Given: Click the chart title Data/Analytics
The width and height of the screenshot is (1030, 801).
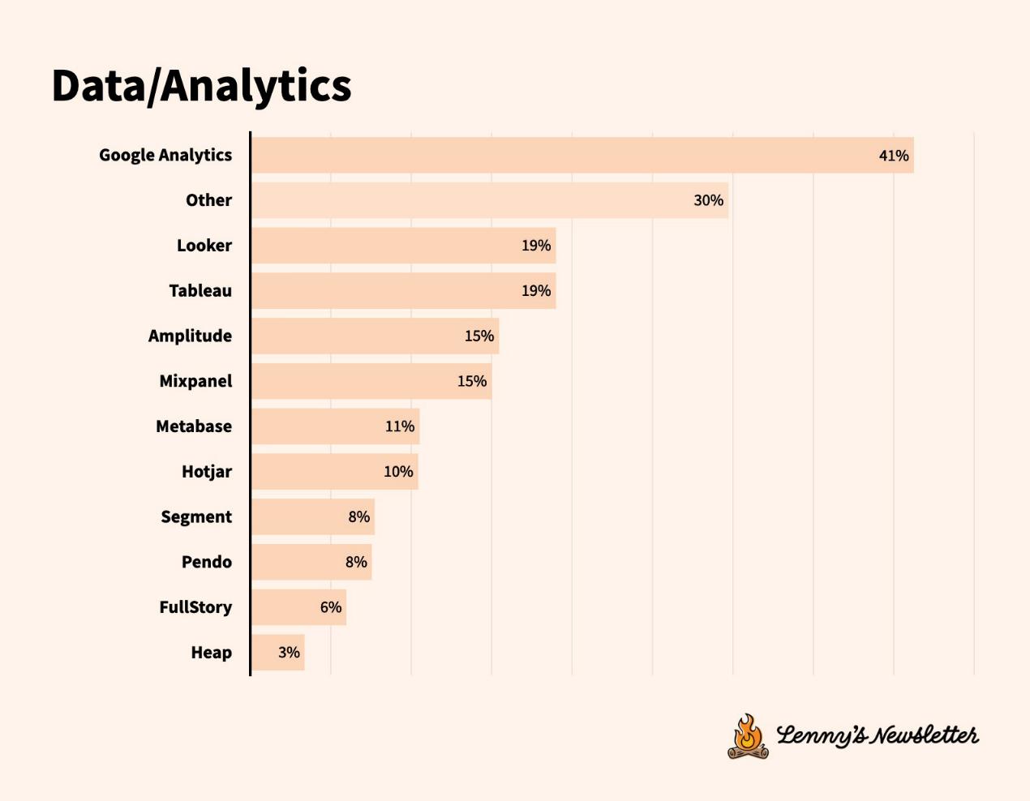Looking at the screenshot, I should [x=201, y=85].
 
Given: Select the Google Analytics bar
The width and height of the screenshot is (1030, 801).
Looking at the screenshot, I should [x=568, y=155].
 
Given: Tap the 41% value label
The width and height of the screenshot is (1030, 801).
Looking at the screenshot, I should [x=894, y=156].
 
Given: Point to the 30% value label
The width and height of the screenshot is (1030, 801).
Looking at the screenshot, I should [x=708, y=200].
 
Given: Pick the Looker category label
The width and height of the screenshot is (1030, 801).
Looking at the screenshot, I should [x=204, y=246].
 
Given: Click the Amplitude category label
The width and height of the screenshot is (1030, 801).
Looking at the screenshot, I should [x=190, y=336].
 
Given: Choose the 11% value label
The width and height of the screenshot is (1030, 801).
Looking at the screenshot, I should [x=400, y=426].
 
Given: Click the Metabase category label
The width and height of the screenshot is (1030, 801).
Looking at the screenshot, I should [x=194, y=426].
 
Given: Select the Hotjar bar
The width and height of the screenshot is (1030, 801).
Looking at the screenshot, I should [x=316, y=471].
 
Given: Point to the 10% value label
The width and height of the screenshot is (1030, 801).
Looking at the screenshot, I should [x=398, y=472].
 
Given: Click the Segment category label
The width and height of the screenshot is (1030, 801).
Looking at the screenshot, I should [x=196, y=516].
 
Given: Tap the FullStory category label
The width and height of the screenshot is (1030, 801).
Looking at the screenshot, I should [x=195, y=607].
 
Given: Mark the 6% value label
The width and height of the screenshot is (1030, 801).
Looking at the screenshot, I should [x=331, y=607].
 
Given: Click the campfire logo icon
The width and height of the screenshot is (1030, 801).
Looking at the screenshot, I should [x=748, y=736].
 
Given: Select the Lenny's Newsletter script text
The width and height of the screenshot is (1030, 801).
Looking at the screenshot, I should [x=878, y=735].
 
